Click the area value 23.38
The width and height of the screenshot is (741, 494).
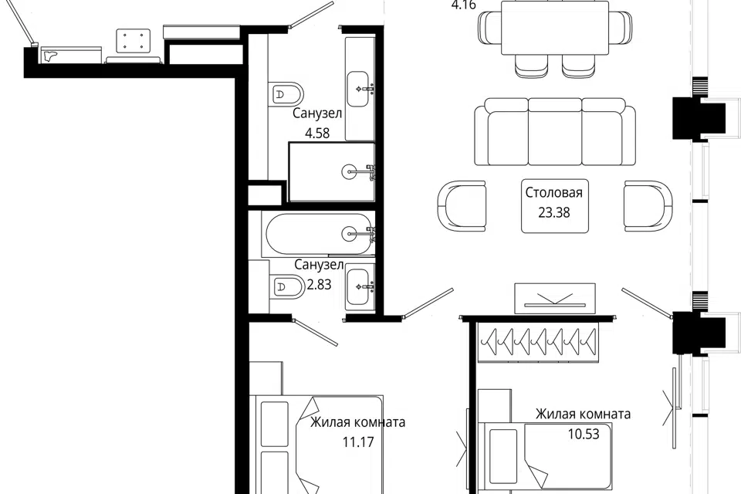(x=554, y=213)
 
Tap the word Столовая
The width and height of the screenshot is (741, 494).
(x=554, y=192)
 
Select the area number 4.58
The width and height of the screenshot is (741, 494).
(x=317, y=134)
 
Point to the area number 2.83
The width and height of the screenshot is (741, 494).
(x=319, y=285)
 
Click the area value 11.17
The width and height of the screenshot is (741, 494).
(x=358, y=442)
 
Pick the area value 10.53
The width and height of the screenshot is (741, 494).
(x=584, y=434)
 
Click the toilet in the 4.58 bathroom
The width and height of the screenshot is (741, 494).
(x=286, y=94)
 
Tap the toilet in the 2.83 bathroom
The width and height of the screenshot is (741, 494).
(x=286, y=286)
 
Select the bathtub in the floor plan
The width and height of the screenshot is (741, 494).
(x=320, y=234)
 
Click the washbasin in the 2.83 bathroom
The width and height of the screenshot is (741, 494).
(x=360, y=286)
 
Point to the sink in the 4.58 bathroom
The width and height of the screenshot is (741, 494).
(x=360, y=89)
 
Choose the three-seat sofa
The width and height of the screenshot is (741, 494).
(x=555, y=132)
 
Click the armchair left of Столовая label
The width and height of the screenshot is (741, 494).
(x=462, y=206)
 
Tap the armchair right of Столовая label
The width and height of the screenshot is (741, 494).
(x=648, y=206)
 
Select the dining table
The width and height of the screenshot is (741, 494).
(x=555, y=28)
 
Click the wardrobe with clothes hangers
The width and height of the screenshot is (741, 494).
(x=538, y=342)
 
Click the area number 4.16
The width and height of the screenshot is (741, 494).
(x=464, y=5)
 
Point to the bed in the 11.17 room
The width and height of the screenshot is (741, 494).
(x=316, y=445)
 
